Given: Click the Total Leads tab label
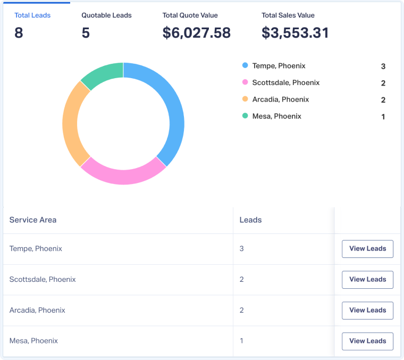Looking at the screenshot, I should coord(32,15).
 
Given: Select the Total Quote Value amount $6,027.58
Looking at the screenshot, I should coord(196,33).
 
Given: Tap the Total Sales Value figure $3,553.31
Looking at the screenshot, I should coord(295,33).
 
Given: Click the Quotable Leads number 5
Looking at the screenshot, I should coord(86,33).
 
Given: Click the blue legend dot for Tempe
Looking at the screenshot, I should coord(245,65).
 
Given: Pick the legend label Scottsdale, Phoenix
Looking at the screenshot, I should coord(286,82).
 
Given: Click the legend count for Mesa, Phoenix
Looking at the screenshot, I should coord(383,117).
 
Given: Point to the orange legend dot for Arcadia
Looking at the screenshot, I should coord(245,99).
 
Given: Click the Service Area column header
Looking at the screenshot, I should coord(33,220).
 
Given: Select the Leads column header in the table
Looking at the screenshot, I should coord(250,220).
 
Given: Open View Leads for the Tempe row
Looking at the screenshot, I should coord(367,249).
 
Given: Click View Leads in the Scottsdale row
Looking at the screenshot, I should coord(367,280).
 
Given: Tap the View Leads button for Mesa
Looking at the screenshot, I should coord(367,341).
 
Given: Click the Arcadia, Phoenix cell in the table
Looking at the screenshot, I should coord(37,310).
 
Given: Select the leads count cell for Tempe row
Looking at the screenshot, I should coord(242,248).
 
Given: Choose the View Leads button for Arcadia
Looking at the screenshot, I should coord(367,311).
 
